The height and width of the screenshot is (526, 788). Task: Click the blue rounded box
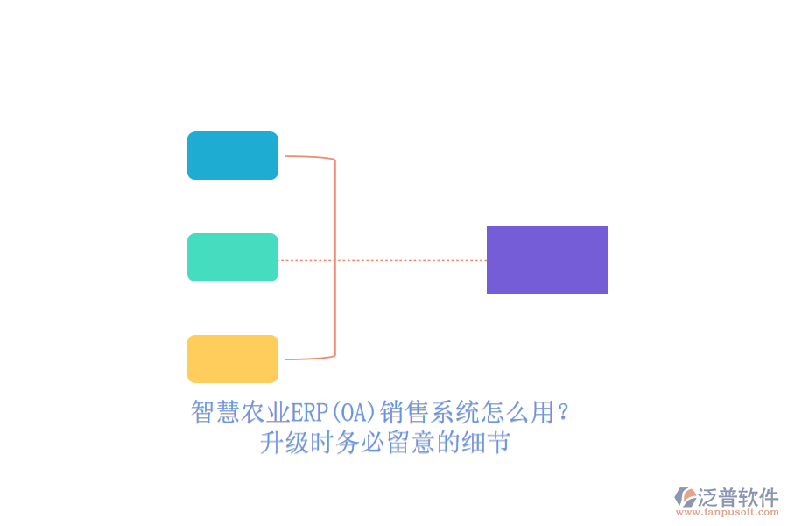(233, 155)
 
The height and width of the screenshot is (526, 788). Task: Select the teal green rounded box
(233, 257)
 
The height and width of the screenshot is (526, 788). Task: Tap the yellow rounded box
(233, 359)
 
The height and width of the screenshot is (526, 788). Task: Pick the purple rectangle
(546, 259)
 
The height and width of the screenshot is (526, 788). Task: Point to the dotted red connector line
(383, 259)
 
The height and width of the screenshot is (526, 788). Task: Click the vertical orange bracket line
(335, 258)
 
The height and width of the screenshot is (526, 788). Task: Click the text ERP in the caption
(310, 412)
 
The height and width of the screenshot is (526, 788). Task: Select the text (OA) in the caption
(354, 412)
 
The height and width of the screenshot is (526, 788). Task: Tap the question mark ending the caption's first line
(563, 412)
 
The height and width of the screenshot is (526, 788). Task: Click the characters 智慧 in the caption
(215, 412)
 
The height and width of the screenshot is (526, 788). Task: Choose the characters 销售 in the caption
(405, 412)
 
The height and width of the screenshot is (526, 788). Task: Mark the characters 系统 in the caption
(454, 412)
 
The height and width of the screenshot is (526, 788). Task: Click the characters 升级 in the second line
(285, 443)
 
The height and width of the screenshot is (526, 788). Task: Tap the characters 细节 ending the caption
(486, 443)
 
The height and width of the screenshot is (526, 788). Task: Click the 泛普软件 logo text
(738, 497)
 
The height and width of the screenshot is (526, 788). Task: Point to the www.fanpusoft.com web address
(728, 512)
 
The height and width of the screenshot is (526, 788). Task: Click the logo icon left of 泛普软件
(686, 497)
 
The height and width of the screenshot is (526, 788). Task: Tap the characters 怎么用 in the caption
(517, 412)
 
